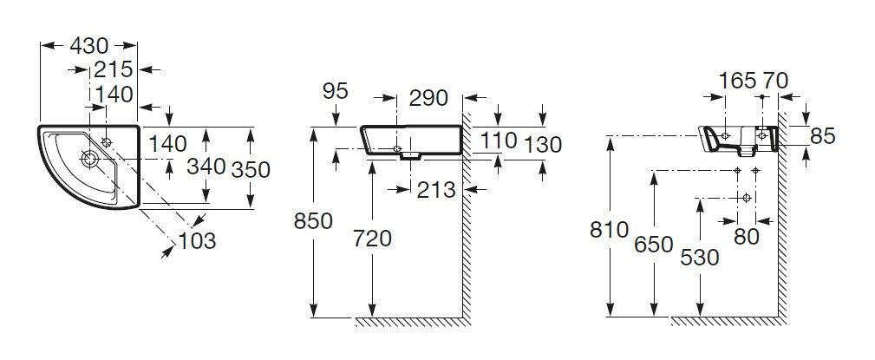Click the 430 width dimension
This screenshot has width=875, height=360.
click(88, 46)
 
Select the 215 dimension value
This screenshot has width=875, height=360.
click(114, 69)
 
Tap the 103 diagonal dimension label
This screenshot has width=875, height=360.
click(197, 241)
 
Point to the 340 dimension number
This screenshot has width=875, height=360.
click(206, 167)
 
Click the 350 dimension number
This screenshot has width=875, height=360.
click(251, 170)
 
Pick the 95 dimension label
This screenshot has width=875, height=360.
click(336, 90)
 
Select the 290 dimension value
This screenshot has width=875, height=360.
click(428, 98)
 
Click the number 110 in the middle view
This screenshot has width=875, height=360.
click(499, 141)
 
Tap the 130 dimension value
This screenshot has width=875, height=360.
click(542, 145)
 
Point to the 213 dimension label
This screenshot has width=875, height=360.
click(436, 190)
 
